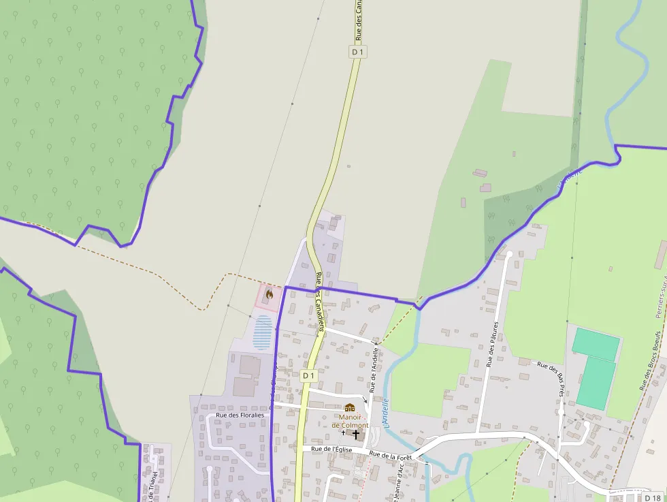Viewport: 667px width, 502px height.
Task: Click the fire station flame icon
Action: coord(269,294)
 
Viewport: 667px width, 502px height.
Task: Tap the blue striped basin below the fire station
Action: coord(263,332)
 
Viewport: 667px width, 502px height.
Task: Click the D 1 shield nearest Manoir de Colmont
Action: coord(309,375)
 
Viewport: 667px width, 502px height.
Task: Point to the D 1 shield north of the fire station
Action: coord(359,52)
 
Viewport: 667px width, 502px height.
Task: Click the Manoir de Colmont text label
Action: coord(350,421)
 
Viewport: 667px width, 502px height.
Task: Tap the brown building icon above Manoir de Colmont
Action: coord(350,407)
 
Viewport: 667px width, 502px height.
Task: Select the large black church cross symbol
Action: coord(355,434)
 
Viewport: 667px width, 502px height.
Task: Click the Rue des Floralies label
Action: coord(240,414)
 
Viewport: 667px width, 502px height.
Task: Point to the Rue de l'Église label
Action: coord(331,450)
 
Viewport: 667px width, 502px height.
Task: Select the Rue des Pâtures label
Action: coord(493,344)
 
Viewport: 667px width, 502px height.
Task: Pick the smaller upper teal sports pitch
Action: coord(596,345)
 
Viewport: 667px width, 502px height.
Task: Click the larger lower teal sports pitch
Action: coord(595,383)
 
